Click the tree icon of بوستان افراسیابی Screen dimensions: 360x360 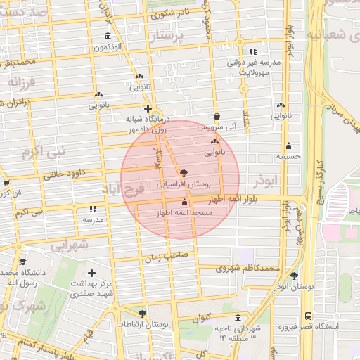[x=184, y=172]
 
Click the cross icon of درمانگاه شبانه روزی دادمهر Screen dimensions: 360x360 [x=148, y=108]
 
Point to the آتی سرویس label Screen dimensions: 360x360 [x=214, y=127]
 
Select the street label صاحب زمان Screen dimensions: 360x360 [x=167, y=257]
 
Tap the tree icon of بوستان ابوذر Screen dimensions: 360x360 [x=294, y=275]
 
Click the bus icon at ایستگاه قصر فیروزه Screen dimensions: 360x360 [x=308, y=316]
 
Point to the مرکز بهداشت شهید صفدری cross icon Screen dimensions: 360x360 [x=91, y=272]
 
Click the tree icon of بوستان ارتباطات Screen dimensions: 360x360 [x=143, y=313]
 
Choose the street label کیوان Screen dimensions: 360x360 [x=202, y=317]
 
